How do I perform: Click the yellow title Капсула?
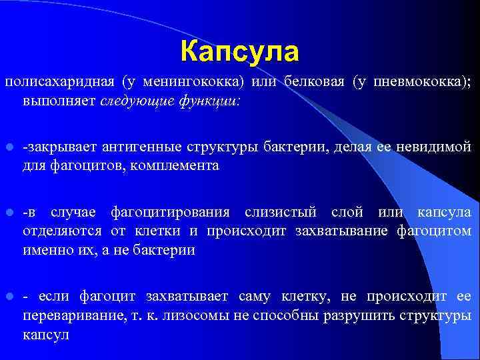[x=240, y=51]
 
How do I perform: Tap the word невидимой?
[x=440, y=147]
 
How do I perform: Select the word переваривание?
[x=69, y=315]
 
